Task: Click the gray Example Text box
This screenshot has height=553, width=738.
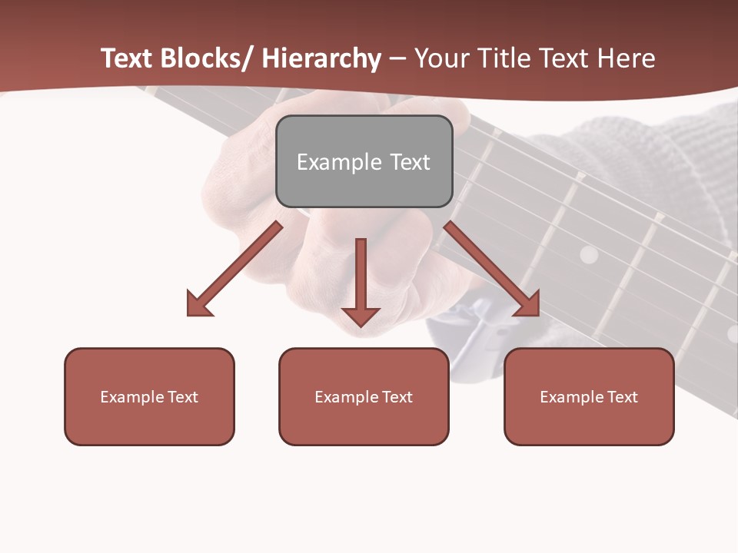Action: pos(364,161)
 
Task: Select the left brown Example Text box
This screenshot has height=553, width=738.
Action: pos(149,396)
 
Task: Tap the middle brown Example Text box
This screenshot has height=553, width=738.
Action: pos(364,396)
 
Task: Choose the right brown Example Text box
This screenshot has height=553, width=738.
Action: pos(589,396)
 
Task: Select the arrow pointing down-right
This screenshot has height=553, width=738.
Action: pos(492,269)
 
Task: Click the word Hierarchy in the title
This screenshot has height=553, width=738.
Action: pos(321,58)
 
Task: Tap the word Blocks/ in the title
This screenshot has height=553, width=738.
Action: pos(211,58)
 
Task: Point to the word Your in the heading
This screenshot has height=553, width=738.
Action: pos(440,58)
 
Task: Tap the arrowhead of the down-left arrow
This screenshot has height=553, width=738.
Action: pos(199,303)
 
